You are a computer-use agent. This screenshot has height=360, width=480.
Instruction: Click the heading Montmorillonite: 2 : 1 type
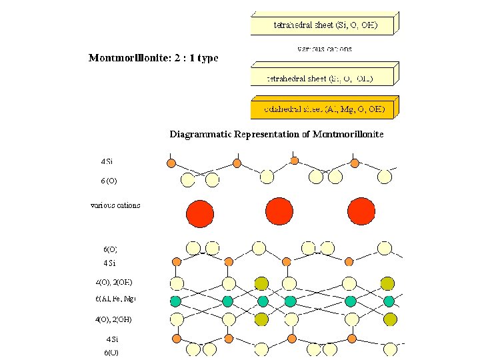[x=153, y=58]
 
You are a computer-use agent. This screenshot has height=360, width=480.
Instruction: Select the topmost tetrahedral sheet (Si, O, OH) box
[x=325, y=25]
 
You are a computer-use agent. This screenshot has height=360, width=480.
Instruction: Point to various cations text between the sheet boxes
[x=324, y=49]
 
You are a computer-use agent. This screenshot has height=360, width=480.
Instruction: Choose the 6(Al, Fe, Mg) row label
[x=116, y=299]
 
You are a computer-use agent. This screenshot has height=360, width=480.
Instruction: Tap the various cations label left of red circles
[x=115, y=205]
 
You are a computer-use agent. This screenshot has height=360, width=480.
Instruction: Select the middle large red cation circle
[x=279, y=211]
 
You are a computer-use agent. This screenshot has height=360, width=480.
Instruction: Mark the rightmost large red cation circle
[x=361, y=211]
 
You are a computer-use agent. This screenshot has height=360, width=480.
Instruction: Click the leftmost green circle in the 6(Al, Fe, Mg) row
[x=176, y=301]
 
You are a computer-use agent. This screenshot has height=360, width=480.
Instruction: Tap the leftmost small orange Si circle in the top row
[x=171, y=163]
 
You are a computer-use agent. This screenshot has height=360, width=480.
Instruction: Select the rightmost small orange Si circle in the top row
[x=355, y=163]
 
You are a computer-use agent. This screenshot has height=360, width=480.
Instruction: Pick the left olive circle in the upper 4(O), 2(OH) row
[x=262, y=283]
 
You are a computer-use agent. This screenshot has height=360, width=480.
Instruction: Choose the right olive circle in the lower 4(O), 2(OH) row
[x=387, y=320]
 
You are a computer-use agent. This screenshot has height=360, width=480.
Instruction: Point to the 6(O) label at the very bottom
[x=111, y=352]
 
